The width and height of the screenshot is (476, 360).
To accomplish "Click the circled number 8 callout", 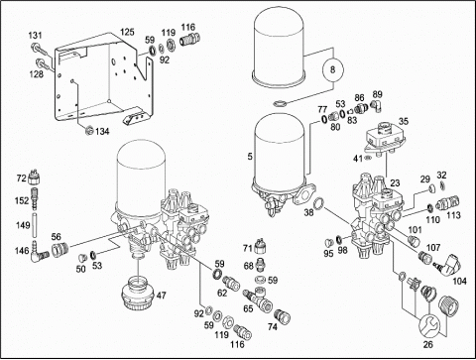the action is [x=333, y=69].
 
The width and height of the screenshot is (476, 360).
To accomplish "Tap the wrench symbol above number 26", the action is [x=429, y=325].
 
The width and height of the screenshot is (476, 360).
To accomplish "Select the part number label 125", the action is [x=127, y=32].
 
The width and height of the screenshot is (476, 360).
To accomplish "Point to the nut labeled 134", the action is [x=88, y=131].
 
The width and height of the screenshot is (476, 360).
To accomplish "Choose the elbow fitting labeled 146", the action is [x=40, y=255].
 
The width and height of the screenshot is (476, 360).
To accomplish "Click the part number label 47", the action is [x=161, y=296].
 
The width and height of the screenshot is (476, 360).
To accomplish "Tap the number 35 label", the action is [x=404, y=121].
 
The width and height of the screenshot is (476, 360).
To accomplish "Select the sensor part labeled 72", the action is [x=35, y=178].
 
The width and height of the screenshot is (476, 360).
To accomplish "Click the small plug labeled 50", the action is [x=82, y=257].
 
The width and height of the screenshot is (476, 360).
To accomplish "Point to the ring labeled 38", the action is [x=318, y=203].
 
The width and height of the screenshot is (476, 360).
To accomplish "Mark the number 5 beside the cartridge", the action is [x=250, y=157].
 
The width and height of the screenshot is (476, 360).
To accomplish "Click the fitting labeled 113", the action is [x=447, y=202].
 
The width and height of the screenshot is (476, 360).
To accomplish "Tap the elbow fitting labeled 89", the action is [x=377, y=105].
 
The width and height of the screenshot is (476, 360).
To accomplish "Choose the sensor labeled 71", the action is [x=261, y=245].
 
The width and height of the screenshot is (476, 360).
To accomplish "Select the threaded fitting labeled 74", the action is [x=282, y=315].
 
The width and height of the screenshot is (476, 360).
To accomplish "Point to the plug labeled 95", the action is [x=328, y=242].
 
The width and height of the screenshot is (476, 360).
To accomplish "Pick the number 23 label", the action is [x=396, y=182].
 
